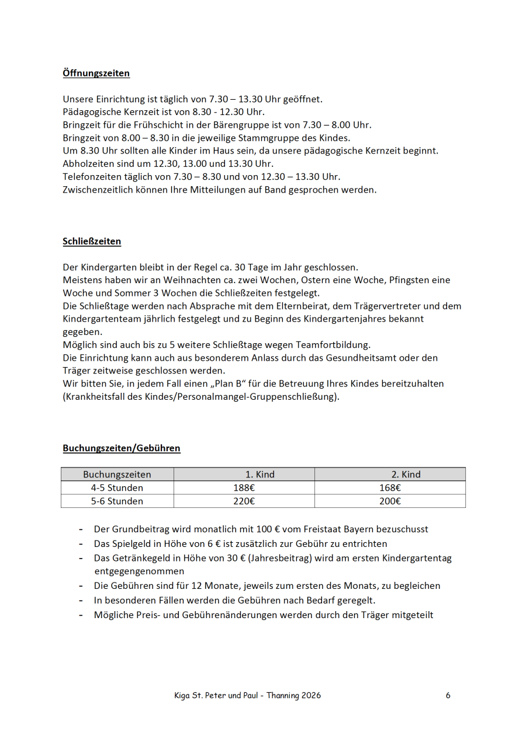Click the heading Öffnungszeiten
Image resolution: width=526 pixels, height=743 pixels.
click(96, 74)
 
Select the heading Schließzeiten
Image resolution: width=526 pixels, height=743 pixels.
click(92, 242)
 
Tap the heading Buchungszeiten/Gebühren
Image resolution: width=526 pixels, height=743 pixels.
click(122, 448)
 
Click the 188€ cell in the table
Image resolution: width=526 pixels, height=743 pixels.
click(244, 488)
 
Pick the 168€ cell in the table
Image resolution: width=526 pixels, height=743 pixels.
click(390, 488)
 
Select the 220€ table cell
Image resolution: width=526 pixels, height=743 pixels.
click(244, 501)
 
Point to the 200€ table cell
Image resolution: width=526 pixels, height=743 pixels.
click(390, 501)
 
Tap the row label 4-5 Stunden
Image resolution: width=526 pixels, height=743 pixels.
click(117, 488)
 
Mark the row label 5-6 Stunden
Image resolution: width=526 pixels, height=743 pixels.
click(117, 501)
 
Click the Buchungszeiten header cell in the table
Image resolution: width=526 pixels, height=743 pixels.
click(117, 475)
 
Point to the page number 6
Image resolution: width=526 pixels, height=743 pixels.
click(448, 695)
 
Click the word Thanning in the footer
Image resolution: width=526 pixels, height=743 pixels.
click(283, 695)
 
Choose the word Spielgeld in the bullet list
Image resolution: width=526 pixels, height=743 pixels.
click(131, 543)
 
